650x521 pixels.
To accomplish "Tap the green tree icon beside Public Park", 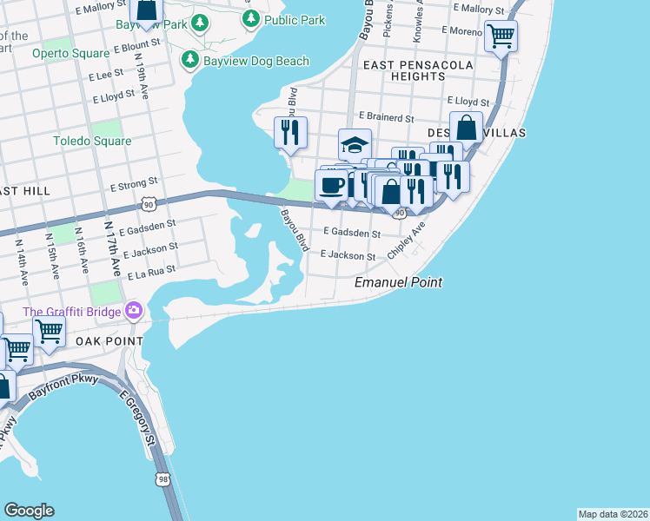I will pos(251,18).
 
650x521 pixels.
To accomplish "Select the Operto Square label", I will pos(69,53).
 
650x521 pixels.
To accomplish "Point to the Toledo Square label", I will pos(92,141).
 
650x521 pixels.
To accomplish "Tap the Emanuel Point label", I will pos(398,282).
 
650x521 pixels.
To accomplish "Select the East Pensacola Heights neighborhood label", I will pos(417,70).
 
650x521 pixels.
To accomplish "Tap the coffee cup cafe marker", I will pos(331,184).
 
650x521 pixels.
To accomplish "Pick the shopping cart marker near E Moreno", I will pos(501,36).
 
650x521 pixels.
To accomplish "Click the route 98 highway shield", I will pos(162,478).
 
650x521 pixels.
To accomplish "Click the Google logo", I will pos(29,511).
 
